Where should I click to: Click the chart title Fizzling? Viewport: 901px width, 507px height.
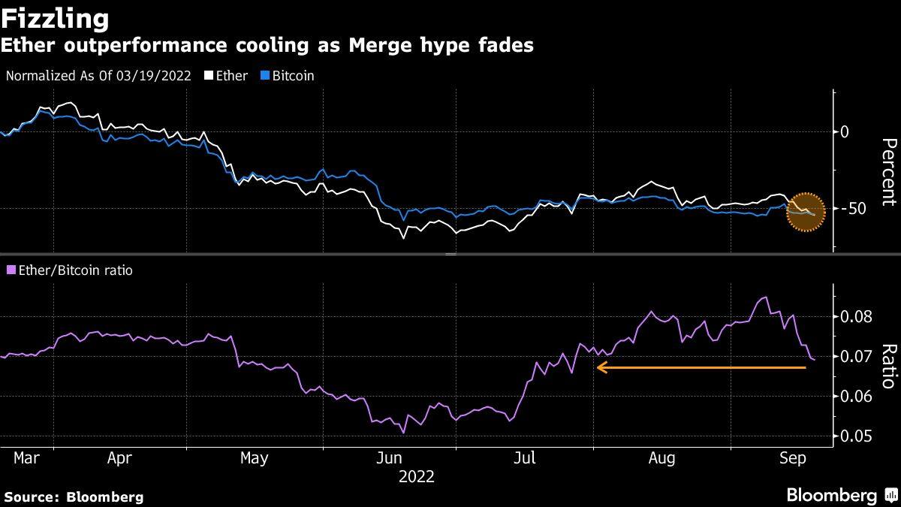click(56, 17)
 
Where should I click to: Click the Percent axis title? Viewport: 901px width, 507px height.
click(888, 172)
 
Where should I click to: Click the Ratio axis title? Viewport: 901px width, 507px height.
click(888, 367)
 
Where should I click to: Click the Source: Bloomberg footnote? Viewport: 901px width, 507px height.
click(73, 496)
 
